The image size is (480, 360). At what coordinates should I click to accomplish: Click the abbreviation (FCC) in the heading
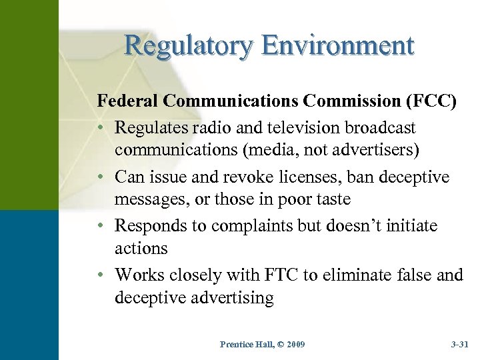point(431,101)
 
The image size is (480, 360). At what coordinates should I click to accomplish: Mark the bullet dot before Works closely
point(103,275)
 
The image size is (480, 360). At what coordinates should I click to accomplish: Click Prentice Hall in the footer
point(243,344)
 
